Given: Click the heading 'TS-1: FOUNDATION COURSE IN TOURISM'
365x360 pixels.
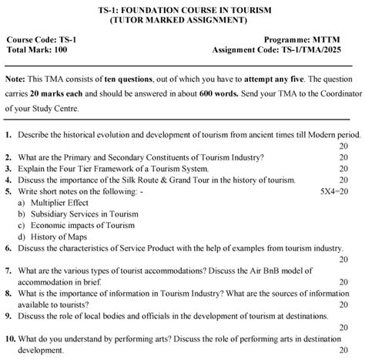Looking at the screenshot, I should (183, 8).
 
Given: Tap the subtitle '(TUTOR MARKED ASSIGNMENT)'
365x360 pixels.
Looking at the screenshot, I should (183, 19).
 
